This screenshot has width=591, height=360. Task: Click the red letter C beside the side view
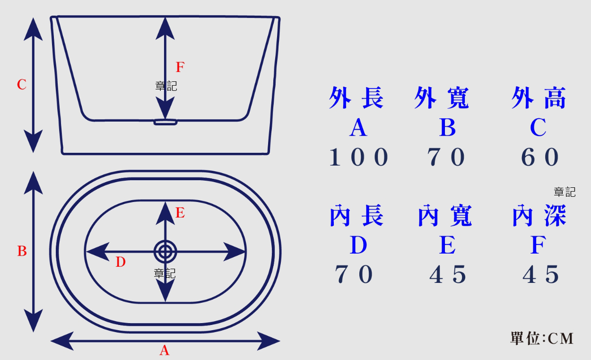22,85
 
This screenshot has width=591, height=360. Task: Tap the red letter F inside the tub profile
180,67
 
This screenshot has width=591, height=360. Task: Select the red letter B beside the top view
22,252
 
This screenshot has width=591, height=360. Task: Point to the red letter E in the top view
180,213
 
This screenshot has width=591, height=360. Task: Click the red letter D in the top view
121,262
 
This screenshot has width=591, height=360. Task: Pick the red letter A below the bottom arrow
164,351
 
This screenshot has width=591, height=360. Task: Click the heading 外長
356,98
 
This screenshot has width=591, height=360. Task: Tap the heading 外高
539,98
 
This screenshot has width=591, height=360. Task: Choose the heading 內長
356,216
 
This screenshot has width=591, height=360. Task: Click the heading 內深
539,216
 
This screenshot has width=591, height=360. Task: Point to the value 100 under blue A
358,158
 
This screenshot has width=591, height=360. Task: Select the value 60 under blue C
539,158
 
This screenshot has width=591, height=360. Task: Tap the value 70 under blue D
354,274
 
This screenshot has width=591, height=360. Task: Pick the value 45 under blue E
447,274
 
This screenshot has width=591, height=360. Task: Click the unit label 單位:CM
542,338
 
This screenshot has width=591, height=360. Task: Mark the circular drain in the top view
165,251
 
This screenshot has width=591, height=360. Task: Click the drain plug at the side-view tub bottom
165,122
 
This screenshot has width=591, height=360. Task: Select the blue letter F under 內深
538,245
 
